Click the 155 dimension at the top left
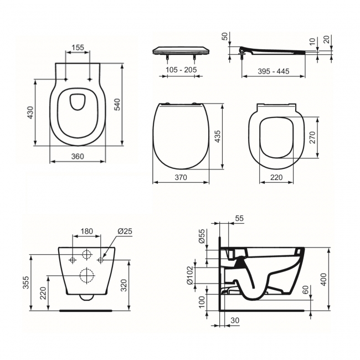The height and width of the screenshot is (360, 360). click(x=78, y=48)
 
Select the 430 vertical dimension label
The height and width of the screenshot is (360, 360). click(x=30, y=112)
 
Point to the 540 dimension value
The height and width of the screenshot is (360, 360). click(x=116, y=105)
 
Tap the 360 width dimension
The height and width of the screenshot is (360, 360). click(x=78, y=157)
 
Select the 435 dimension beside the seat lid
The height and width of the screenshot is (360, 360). click(x=218, y=136)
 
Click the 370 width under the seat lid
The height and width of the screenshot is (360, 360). click(x=181, y=178)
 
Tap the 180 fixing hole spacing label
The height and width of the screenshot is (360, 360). click(x=87, y=232)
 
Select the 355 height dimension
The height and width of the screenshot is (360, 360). click(x=25, y=282)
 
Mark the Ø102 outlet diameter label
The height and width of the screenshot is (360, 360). click(x=189, y=275)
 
